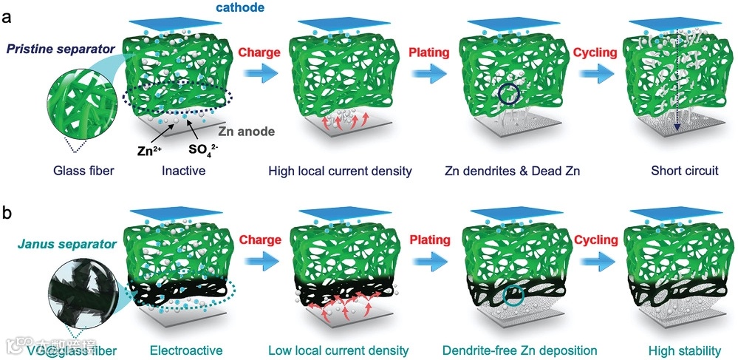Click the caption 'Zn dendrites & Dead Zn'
click(511, 171)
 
